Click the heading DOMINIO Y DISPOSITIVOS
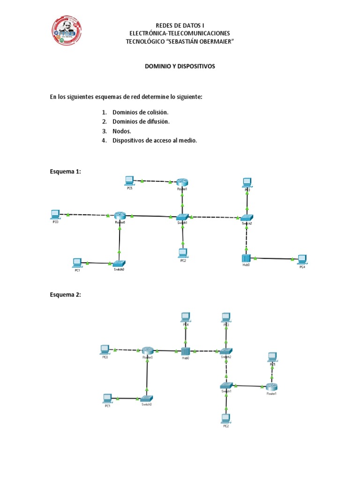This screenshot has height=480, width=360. (180, 67)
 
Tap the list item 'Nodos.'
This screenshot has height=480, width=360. (121, 131)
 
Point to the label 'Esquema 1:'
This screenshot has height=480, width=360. (66, 172)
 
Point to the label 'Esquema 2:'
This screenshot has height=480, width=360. (66, 295)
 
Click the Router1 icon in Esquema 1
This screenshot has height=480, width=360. (182, 182)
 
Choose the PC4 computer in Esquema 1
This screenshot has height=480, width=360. (301, 259)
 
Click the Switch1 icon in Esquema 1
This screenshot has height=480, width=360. (182, 217)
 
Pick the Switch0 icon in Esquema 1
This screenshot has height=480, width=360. (120, 263)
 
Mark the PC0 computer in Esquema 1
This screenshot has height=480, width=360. (55, 214)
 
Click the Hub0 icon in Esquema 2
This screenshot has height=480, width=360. (186, 351)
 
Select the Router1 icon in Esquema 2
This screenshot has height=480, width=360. (271, 387)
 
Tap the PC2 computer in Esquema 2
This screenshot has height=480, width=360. (226, 418)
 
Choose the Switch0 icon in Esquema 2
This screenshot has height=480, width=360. (147, 398)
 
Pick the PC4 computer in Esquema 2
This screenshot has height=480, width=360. (186, 317)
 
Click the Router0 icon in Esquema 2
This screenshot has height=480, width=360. (148, 351)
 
